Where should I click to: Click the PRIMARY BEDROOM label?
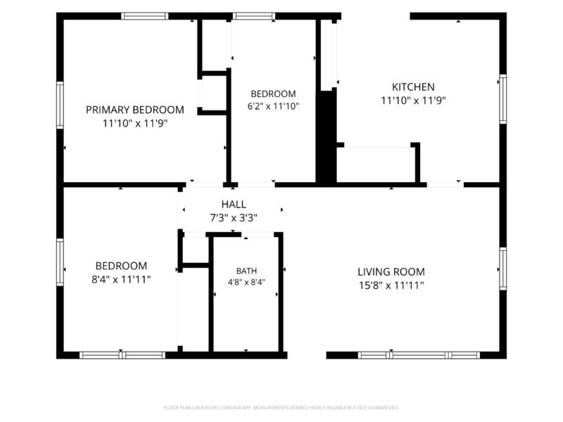click(135, 110)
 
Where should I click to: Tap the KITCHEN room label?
click(413, 87)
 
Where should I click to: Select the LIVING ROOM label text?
click(391, 271)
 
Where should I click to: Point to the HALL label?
click(234, 205)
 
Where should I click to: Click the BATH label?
click(246, 271)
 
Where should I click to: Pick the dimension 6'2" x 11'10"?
click(273, 106)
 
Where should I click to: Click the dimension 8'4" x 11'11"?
click(121, 279)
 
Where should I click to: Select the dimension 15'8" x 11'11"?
click(391, 286)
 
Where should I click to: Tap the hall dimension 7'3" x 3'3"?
click(234, 218)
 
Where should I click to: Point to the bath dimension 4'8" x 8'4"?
click(246, 283)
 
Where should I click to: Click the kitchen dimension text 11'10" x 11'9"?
click(413, 101)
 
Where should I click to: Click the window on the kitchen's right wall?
click(502, 99)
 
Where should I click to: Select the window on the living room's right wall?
click(502, 269)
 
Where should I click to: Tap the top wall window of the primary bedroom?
click(144, 16)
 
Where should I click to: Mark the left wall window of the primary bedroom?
click(60, 105)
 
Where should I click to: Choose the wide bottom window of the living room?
click(419, 355)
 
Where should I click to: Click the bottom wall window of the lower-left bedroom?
click(122, 355)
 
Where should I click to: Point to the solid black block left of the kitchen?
click(326, 138)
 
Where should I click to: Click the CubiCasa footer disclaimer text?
click(281, 408)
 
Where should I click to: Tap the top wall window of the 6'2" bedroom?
click(254, 16)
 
